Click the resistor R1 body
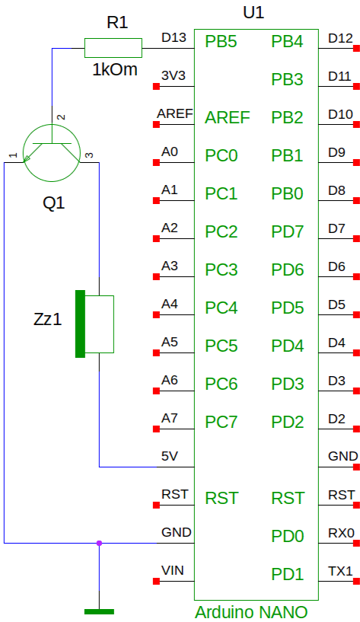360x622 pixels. click(x=113, y=48)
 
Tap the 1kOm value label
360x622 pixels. click(x=115, y=69)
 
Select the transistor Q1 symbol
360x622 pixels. click(x=52, y=153)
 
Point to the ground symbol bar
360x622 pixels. click(x=99, y=611)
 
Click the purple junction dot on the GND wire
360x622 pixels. click(x=99, y=543)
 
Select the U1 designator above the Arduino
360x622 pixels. click(x=253, y=13)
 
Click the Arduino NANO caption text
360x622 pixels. click(x=251, y=612)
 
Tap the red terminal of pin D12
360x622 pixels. click(x=356, y=49)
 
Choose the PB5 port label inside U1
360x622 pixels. click(x=221, y=41)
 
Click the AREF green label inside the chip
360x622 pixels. click(x=228, y=117)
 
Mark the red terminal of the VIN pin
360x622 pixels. click(x=156, y=581)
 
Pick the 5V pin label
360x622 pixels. click(x=169, y=456)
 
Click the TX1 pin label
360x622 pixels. click(x=340, y=571)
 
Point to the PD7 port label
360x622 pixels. click(x=288, y=231)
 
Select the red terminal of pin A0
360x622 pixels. click(x=156, y=162)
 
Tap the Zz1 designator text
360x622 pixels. click(x=48, y=319)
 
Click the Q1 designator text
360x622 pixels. click(x=53, y=203)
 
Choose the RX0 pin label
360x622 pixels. click(x=341, y=533)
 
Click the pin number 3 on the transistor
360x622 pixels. click(x=90, y=155)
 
